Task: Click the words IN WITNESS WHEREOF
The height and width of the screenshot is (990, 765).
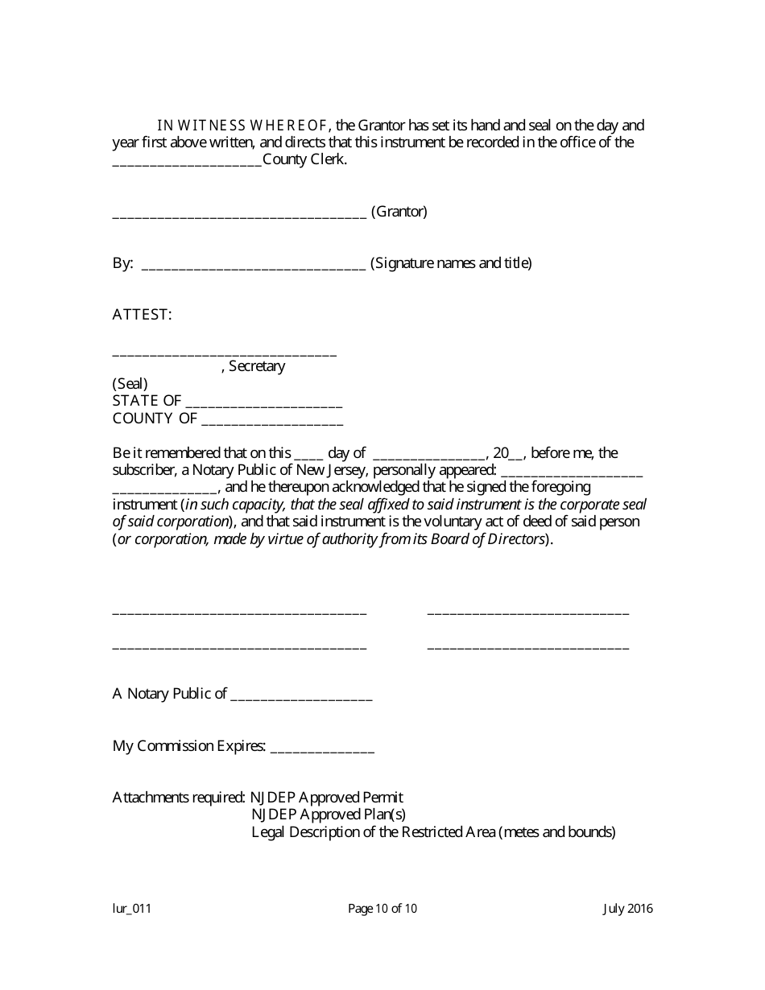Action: [x=242, y=126]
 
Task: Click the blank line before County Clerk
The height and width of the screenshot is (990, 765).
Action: [x=187, y=161]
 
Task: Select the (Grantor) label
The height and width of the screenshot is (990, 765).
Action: [x=399, y=212]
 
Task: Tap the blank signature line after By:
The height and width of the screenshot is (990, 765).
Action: [x=254, y=265]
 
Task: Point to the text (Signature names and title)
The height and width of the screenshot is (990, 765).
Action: [x=451, y=263]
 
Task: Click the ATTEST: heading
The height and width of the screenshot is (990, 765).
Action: [x=142, y=315]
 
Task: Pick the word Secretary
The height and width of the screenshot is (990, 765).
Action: [x=257, y=366]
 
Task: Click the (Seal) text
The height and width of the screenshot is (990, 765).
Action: [x=130, y=384]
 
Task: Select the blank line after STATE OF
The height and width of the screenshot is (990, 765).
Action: [x=263, y=402]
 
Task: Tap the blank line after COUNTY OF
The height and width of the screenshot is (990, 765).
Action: [x=272, y=420]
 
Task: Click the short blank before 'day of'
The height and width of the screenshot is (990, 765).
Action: [x=308, y=455]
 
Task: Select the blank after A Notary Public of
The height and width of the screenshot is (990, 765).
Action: [x=301, y=696]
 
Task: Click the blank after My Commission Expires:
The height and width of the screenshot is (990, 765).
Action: [x=322, y=748]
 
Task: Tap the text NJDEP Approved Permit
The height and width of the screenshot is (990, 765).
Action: [x=326, y=798]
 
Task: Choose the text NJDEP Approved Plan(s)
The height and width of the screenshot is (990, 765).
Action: [x=329, y=815]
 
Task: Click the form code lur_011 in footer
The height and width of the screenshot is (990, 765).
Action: [x=132, y=910]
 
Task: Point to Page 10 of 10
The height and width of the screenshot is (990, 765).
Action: [x=382, y=910]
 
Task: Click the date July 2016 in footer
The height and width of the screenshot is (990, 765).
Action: [x=628, y=910]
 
